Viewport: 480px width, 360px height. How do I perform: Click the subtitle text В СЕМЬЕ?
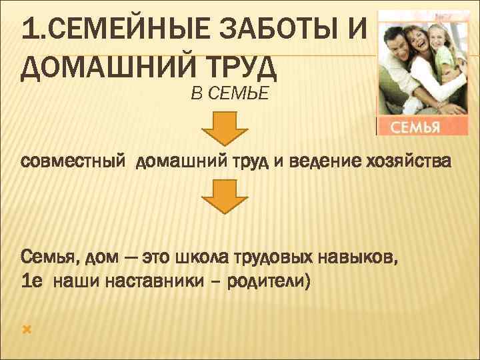tap(229, 94)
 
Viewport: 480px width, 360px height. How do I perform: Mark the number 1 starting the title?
tap(28, 30)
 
